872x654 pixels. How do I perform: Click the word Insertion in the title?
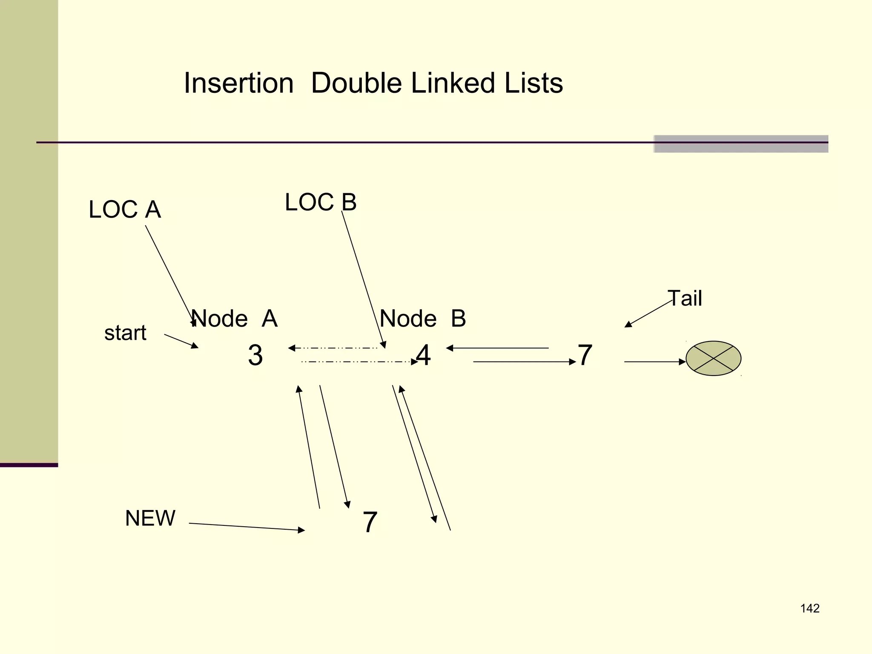238,83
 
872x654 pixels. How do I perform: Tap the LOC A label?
125,209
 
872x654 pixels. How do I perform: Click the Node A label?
234,318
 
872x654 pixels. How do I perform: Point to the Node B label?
423,318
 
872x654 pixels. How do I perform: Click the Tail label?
685,298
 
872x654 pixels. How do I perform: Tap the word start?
125,333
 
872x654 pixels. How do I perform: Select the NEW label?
150,518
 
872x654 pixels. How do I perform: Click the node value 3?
255,355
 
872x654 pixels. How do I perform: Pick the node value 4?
423,355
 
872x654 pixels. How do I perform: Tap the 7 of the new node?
370,522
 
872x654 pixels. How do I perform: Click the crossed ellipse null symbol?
713,359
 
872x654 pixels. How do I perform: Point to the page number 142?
810,608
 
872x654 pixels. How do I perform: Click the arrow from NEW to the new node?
247,527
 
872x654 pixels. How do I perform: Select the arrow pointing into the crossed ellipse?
655,362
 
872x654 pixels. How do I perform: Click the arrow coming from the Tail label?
648,314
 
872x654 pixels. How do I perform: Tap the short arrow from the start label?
181,341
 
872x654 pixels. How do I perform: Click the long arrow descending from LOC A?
170,275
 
